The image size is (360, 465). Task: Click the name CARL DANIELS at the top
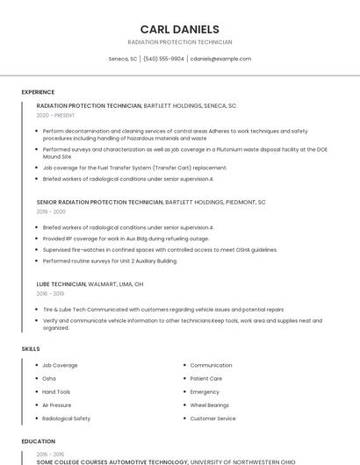pyautogui.click(x=180, y=29)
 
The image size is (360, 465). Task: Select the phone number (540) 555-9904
pyautogui.click(x=163, y=59)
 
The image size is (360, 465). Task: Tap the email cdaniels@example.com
pyautogui.click(x=220, y=59)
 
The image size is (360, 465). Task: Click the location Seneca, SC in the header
pyautogui.click(x=123, y=59)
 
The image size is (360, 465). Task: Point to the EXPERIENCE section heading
pyautogui.click(x=38, y=92)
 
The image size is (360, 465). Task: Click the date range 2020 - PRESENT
pyautogui.click(x=56, y=115)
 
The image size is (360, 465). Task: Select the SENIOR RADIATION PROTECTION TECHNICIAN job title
pyautogui.click(x=99, y=202)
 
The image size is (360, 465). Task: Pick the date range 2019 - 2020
pyautogui.click(x=51, y=211)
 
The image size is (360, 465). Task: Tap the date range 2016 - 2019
pyautogui.click(x=51, y=294)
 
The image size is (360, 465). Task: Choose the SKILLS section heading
pyautogui.click(x=31, y=349)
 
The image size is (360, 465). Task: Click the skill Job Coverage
pyautogui.click(x=60, y=365)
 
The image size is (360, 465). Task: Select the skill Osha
pyautogui.click(x=49, y=378)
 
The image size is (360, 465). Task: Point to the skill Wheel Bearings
pyautogui.click(x=210, y=405)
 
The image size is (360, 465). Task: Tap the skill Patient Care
pyautogui.click(x=206, y=378)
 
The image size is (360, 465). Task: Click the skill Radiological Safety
pyautogui.click(x=66, y=418)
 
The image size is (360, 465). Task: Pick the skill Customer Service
pyautogui.click(x=212, y=418)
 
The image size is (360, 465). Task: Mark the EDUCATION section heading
pyautogui.click(x=39, y=441)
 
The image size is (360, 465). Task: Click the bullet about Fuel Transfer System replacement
pyautogui.click(x=134, y=168)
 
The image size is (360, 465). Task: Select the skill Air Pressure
pyautogui.click(x=57, y=405)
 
